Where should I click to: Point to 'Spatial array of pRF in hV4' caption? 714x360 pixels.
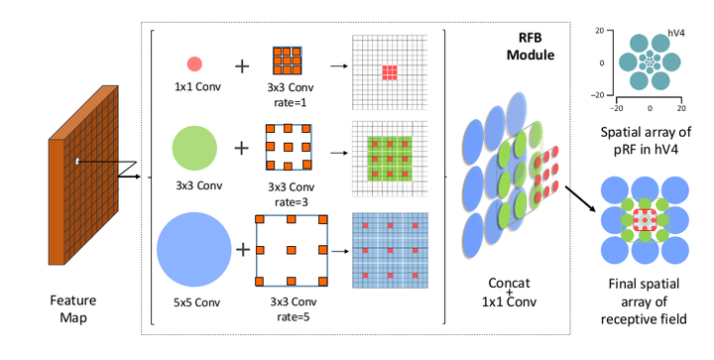click(x=650, y=140)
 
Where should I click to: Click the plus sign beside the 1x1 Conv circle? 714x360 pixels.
click(x=241, y=66)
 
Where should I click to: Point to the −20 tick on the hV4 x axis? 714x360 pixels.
click(x=617, y=105)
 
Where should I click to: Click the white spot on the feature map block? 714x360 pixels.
click(x=76, y=159)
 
